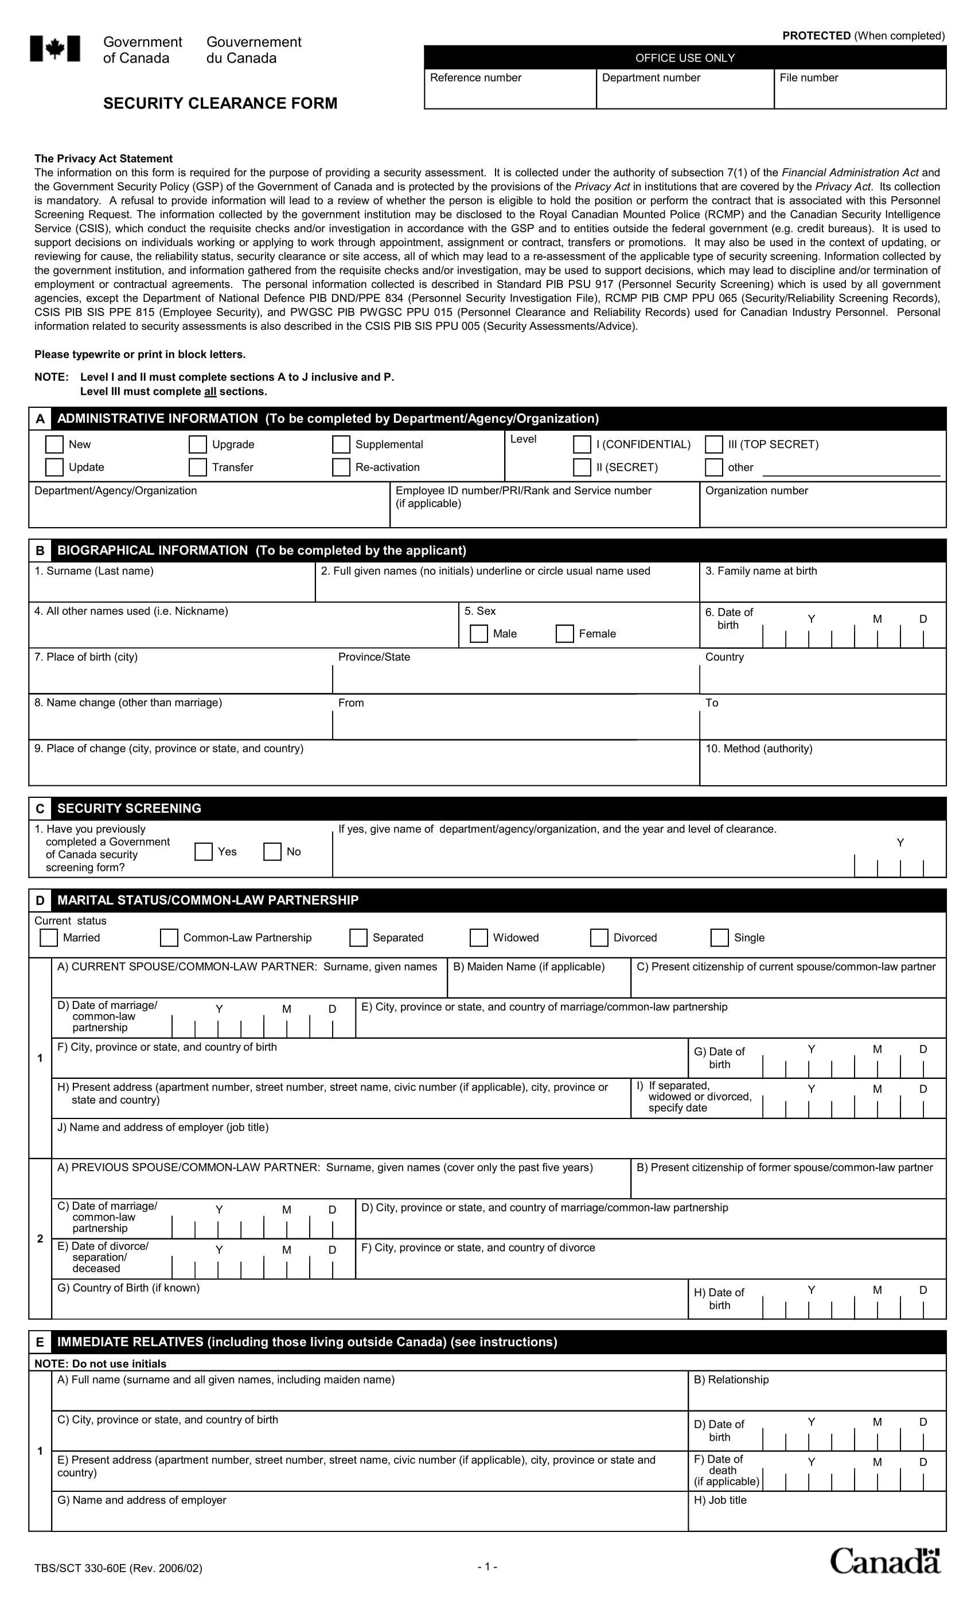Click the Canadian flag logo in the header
(54, 49)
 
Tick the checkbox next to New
(54, 444)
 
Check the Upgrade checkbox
(197, 444)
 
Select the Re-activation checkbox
(341, 467)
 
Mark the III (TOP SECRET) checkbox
(713, 444)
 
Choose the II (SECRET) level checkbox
(582, 467)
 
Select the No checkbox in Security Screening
(272, 851)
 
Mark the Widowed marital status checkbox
(478, 937)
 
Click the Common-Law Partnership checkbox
(169, 937)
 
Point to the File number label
(808, 77)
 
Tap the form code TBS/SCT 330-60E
(118, 1568)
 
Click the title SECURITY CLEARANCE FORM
(220, 103)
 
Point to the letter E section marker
(40, 1342)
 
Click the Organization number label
(756, 490)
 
